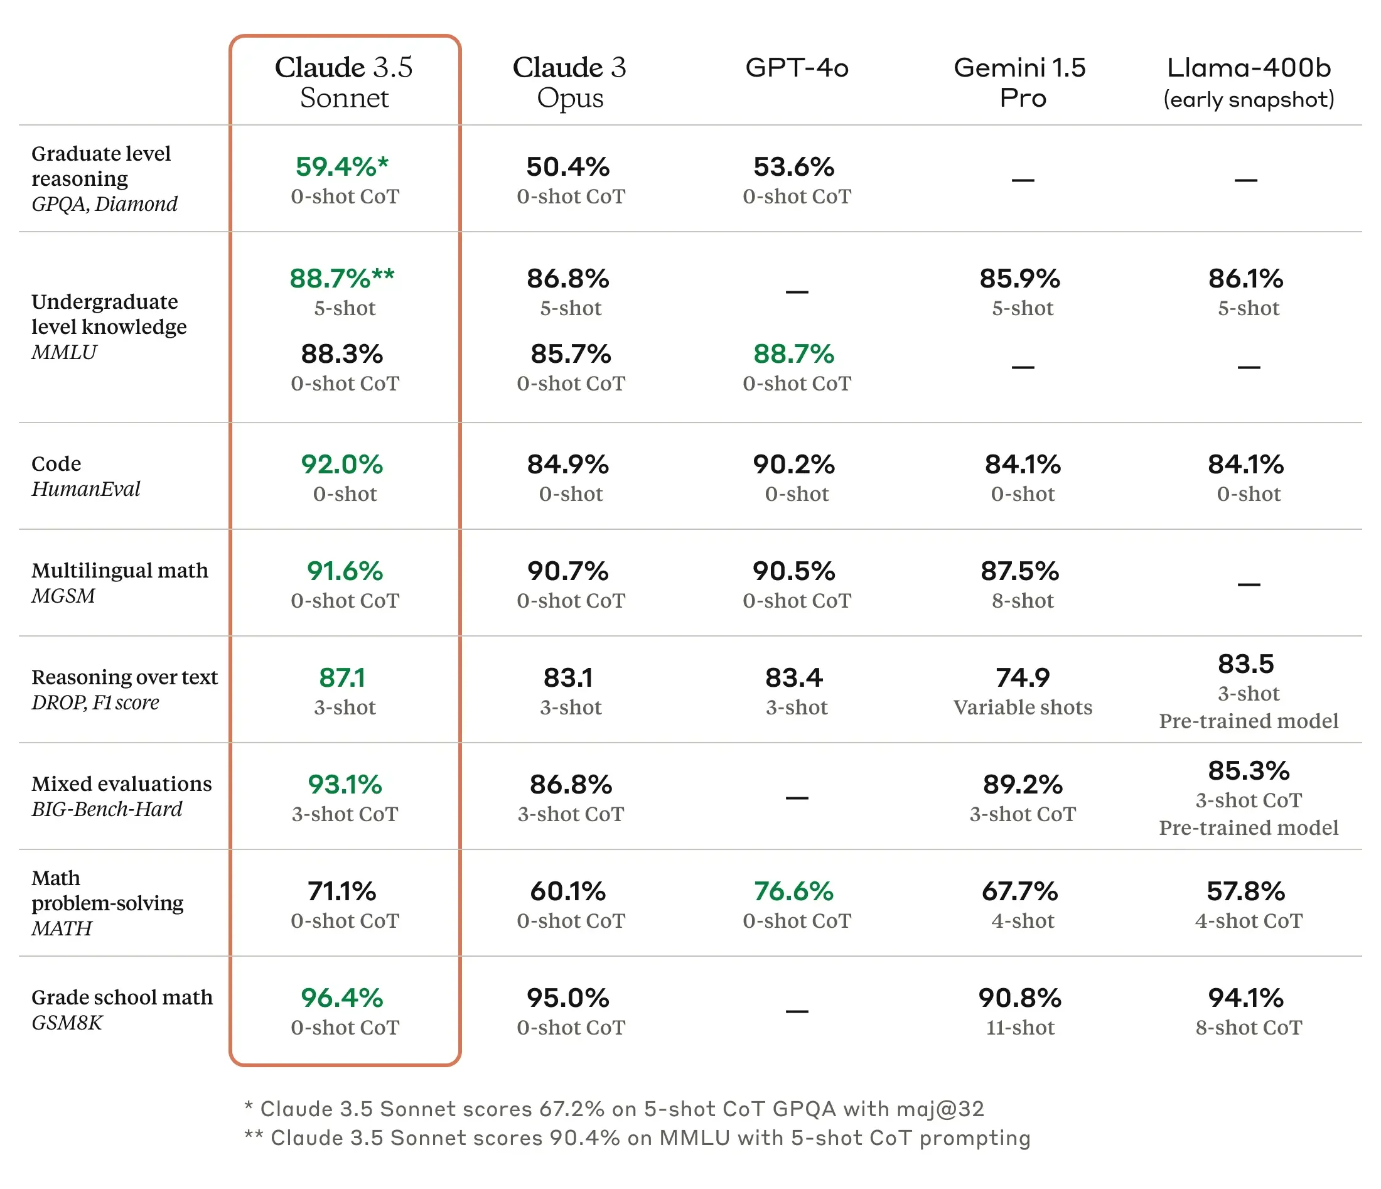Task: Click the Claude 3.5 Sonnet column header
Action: tap(344, 82)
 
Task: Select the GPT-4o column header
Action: tap(797, 68)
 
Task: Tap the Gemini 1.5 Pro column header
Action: tap(1021, 82)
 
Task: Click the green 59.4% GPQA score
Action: tap(341, 166)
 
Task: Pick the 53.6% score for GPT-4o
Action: tap(794, 166)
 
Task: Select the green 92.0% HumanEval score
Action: tap(342, 465)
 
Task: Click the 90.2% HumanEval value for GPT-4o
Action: tap(794, 465)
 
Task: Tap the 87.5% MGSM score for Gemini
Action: tap(1020, 571)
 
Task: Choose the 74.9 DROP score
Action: tap(1023, 678)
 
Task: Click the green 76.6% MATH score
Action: tap(794, 891)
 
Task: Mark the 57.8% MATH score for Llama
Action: tap(1245, 891)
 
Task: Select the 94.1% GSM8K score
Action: tap(1245, 998)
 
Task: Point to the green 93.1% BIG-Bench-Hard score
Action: tap(345, 785)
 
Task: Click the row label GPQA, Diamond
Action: tap(105, 204)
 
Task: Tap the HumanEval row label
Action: tap(86, 489)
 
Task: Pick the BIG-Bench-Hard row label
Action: tap(107, 809)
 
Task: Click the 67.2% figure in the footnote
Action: tap(572, 1109)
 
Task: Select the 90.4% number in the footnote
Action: tap(584, 1138)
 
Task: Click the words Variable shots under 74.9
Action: tap(1023, 707)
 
